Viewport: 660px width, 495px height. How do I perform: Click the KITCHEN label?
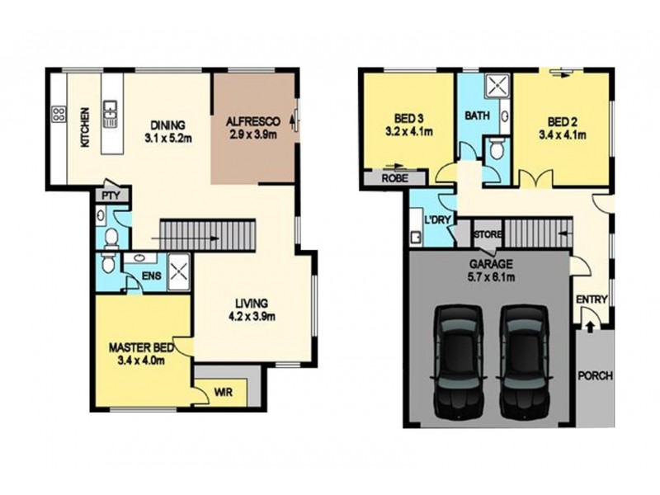[83, 128]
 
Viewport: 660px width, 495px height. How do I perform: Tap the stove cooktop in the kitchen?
[59, 115]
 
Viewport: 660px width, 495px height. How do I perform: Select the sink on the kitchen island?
[110, 114]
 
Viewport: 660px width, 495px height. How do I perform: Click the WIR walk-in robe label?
[221, 393]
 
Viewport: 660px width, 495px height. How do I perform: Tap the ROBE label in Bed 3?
[392, 177]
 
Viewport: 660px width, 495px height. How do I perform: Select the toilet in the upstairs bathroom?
[496, 149]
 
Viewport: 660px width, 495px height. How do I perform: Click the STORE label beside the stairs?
[486, 234]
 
